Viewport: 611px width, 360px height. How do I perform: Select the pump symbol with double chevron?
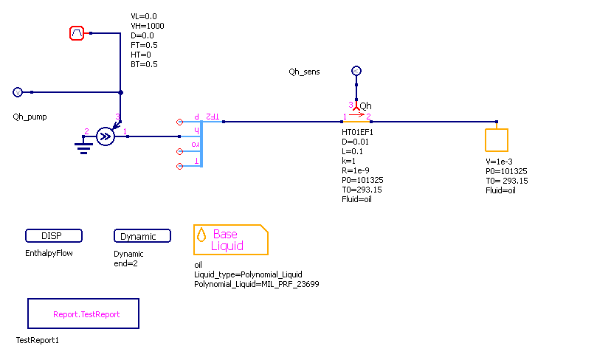click(106, 136)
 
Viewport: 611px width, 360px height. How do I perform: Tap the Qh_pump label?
click(30, 117)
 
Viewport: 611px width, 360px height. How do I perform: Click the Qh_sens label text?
click(305, 72)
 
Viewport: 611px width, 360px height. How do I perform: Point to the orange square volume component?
click(497, 139)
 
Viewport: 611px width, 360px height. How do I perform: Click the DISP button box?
click(54, 236)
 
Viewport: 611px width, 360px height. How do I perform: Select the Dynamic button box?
click(142, 236)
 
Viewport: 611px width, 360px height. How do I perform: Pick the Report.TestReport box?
click(83, 314)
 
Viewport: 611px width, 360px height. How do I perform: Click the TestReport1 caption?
click(37, 342)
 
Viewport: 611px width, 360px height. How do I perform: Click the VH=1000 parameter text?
click(147, 26)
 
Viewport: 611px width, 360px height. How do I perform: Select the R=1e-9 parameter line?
click(350, 170)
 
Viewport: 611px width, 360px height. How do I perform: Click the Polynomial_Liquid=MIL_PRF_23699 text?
click(256, 284)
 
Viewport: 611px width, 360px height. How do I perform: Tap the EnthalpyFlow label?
click(49, 254)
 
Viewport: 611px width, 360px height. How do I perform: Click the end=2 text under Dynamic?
click(128, 263)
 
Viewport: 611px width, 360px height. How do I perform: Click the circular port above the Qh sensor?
click(356, 71)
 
